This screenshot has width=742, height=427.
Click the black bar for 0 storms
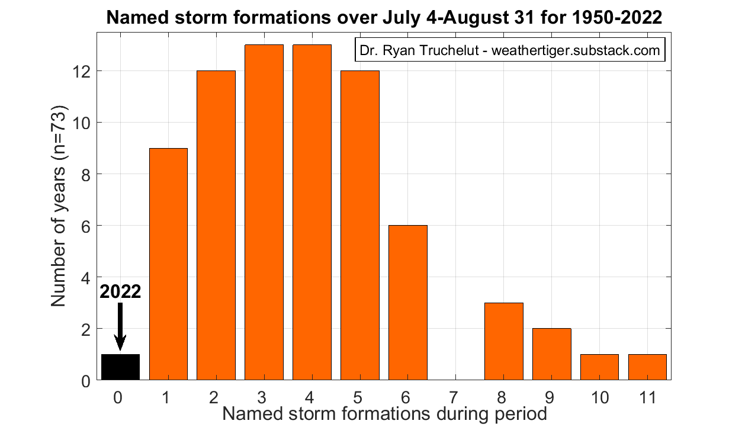120,367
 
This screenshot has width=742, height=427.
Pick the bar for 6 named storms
408,303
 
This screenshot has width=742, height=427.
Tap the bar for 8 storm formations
504,341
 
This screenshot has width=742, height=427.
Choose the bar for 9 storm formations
552,354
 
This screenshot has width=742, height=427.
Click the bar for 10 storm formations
599,367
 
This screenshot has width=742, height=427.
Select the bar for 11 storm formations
647,367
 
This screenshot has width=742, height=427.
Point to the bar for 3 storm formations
264,213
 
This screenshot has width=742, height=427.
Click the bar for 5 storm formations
360,226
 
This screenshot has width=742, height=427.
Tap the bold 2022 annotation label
120,293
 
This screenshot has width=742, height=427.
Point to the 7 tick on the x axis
456,397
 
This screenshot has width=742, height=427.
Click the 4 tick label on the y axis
84,277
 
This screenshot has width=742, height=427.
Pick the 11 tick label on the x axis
647,397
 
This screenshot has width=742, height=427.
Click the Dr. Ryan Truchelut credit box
510,50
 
